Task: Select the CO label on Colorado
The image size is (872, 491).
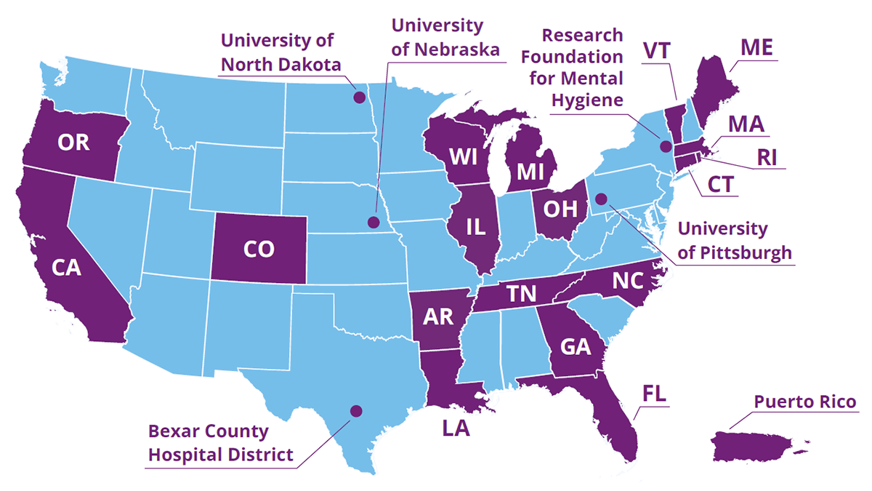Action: pos(259,250)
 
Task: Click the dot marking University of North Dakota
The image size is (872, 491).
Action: pos(358,96)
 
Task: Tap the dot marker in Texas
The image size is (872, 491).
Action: pos(355,411)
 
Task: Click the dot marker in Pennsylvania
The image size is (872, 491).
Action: pos(601,199)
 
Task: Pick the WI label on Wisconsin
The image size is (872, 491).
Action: pos(463,156)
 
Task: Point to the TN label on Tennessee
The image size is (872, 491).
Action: pos(521,293)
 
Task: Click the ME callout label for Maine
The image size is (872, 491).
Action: pos(756,48)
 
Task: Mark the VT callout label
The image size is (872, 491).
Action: pos(657,52)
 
